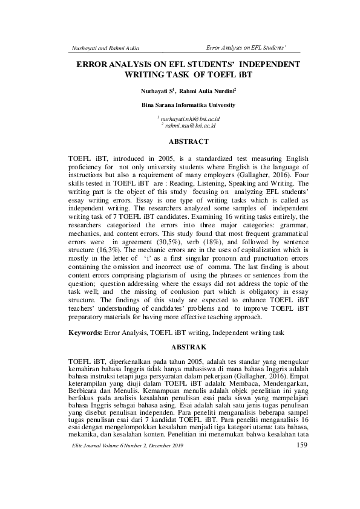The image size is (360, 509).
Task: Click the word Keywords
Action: pos(84,332)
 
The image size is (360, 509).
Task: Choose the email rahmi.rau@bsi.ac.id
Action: pos(190,126)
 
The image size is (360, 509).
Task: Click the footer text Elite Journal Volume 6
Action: pos(97,497)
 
